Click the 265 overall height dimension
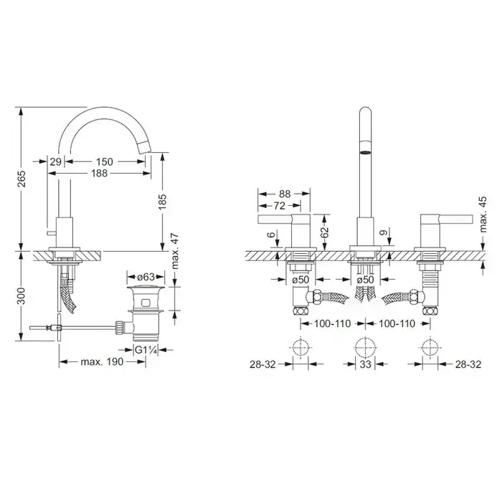(x=22, y=179)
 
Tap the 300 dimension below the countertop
(x=22, y=296)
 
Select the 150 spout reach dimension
(x=105, y=161)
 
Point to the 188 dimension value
(x=99, y=174)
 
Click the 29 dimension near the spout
(x=55, y=161)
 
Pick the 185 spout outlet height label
(x=162, y=202)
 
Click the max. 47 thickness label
(x=175, y=252)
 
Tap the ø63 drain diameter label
(x=146, y=277)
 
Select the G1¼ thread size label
(x=146, y=350)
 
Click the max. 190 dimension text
(x=102, y=361)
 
